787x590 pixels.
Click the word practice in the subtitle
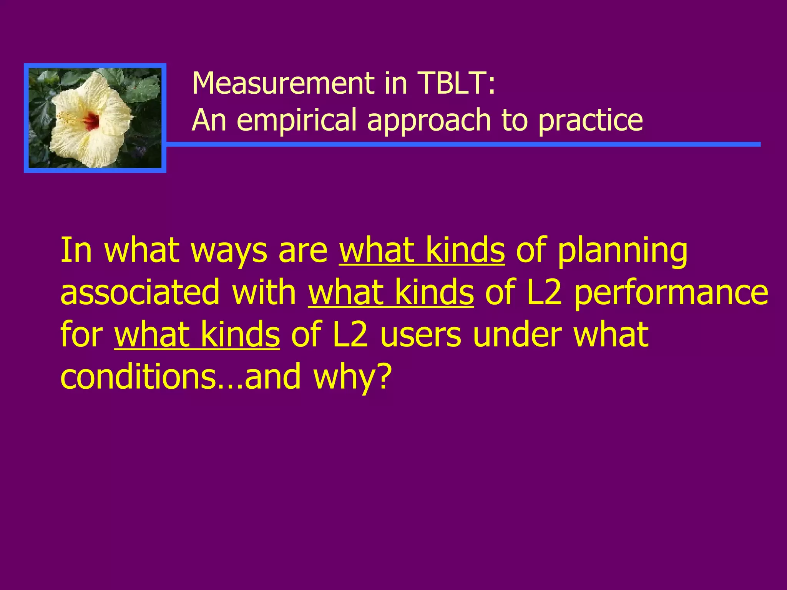[x=590, y=121]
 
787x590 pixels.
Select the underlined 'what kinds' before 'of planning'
[x=422, y=250]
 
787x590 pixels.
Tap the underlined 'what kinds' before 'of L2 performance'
[x=391, y=293]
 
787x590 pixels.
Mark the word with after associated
[x=264, y=293]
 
